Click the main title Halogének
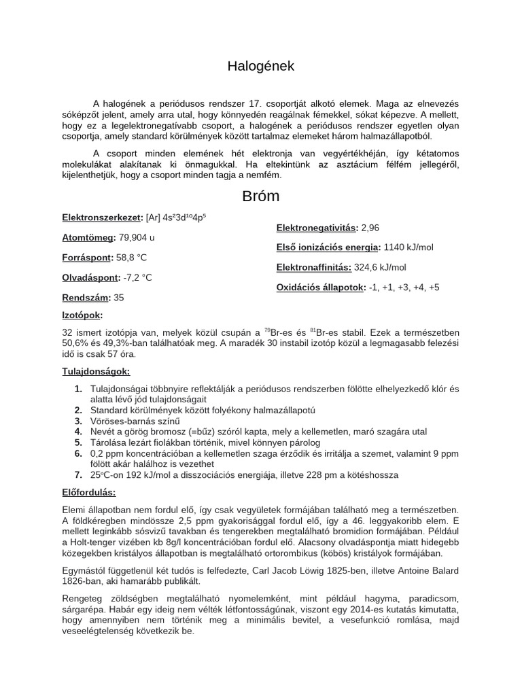261,66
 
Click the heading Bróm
261,197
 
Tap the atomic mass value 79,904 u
137,238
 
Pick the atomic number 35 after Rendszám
119,297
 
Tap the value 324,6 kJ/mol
380,267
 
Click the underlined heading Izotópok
82,315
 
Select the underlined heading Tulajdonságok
96,372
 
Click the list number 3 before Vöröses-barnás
78,421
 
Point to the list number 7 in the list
78,474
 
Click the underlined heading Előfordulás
89,491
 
